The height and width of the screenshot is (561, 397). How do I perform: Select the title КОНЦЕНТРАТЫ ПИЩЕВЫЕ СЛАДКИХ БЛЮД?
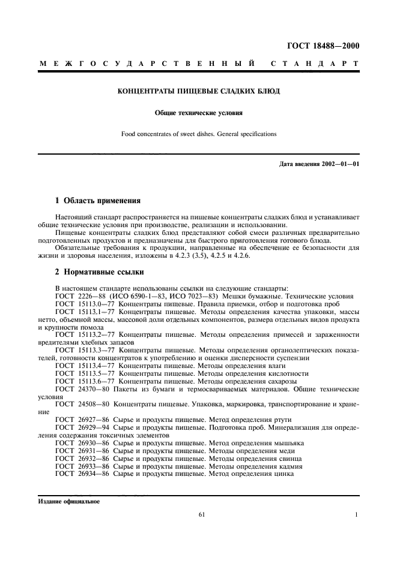(x=198, y=92)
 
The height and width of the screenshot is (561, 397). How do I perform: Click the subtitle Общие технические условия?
(x=198, y=113)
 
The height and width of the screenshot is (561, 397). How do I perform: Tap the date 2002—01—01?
(x=339, y=164)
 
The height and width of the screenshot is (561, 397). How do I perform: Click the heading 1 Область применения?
(x=98, y=201)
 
